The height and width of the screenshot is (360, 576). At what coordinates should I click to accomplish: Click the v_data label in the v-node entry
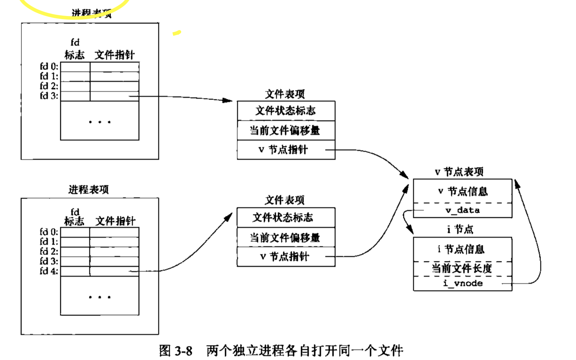point(462,210)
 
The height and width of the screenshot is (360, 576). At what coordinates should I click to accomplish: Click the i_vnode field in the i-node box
point(463,283)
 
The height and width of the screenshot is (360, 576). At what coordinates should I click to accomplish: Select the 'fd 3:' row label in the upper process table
point(49,96)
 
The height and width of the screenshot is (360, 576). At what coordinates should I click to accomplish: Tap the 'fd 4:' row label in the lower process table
point(49,271)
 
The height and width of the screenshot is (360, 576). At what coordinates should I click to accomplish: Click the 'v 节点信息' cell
point(462,191)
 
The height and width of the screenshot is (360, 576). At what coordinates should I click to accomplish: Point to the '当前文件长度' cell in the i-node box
point(462,268)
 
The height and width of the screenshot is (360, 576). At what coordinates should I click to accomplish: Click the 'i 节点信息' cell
point(461,249)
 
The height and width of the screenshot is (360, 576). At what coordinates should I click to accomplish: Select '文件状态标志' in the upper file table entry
point(285,111)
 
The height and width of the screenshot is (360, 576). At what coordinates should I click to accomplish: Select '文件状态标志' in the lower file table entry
point(283,217)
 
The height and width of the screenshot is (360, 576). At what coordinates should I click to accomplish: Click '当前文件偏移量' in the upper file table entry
point(285,130)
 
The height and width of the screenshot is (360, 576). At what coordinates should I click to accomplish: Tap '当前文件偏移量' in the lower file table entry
point(285,237)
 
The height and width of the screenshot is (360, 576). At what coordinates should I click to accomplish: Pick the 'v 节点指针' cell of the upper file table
point(284,150)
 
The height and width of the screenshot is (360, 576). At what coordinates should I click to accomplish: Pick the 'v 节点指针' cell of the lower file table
point(284,257)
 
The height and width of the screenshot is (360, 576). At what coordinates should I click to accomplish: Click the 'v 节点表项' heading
point(459,172)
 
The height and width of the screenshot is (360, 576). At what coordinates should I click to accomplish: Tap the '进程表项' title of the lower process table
point(89,190)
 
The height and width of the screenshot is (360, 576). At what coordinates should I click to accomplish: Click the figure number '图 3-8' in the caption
point(176,351)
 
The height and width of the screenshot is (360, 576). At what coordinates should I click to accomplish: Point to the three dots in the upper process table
point(100,122)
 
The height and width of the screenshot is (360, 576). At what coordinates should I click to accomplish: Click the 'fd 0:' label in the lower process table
point(49,232)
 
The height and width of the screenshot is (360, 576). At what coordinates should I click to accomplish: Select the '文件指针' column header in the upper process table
point(114,55)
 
